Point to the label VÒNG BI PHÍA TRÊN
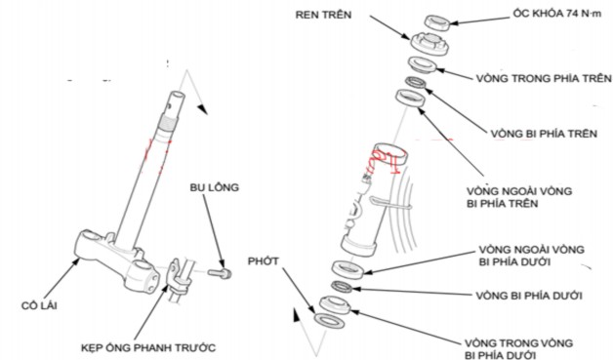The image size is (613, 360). [x=540, y=130]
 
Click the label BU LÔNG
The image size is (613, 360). [x=214, y=186]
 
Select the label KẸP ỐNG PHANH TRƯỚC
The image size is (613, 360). [x=146, y=346]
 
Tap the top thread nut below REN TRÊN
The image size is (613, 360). [x=427, y=44]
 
